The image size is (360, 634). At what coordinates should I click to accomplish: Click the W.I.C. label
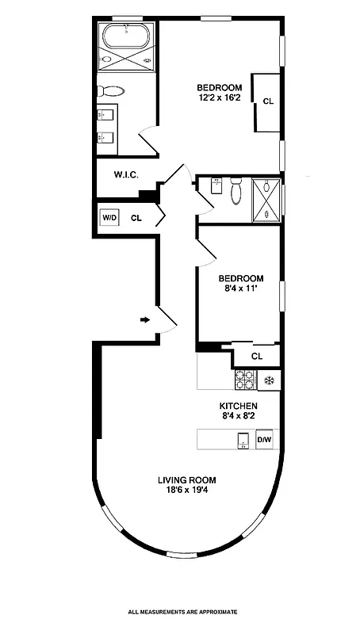pos(127,174)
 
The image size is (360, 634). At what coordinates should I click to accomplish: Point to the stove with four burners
pos(244,380)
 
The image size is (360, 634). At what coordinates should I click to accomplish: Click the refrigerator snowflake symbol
pos(270,380)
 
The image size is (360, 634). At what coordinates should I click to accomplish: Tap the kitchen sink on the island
pos(243,440)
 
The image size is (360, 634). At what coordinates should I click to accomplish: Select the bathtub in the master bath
pos(127,36)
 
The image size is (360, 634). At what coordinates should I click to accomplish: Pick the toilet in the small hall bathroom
pos(236,191)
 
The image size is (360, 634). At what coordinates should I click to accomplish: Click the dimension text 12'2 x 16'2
pos(220,98)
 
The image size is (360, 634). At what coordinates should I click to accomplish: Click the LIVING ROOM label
pos(186,479)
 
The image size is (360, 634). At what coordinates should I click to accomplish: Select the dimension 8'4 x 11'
pos(240,289)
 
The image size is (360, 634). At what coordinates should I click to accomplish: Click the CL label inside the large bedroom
pos(267,101)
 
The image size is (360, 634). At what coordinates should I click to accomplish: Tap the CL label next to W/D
pos(136,217)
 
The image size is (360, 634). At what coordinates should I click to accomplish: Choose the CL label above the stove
pos(256,357)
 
